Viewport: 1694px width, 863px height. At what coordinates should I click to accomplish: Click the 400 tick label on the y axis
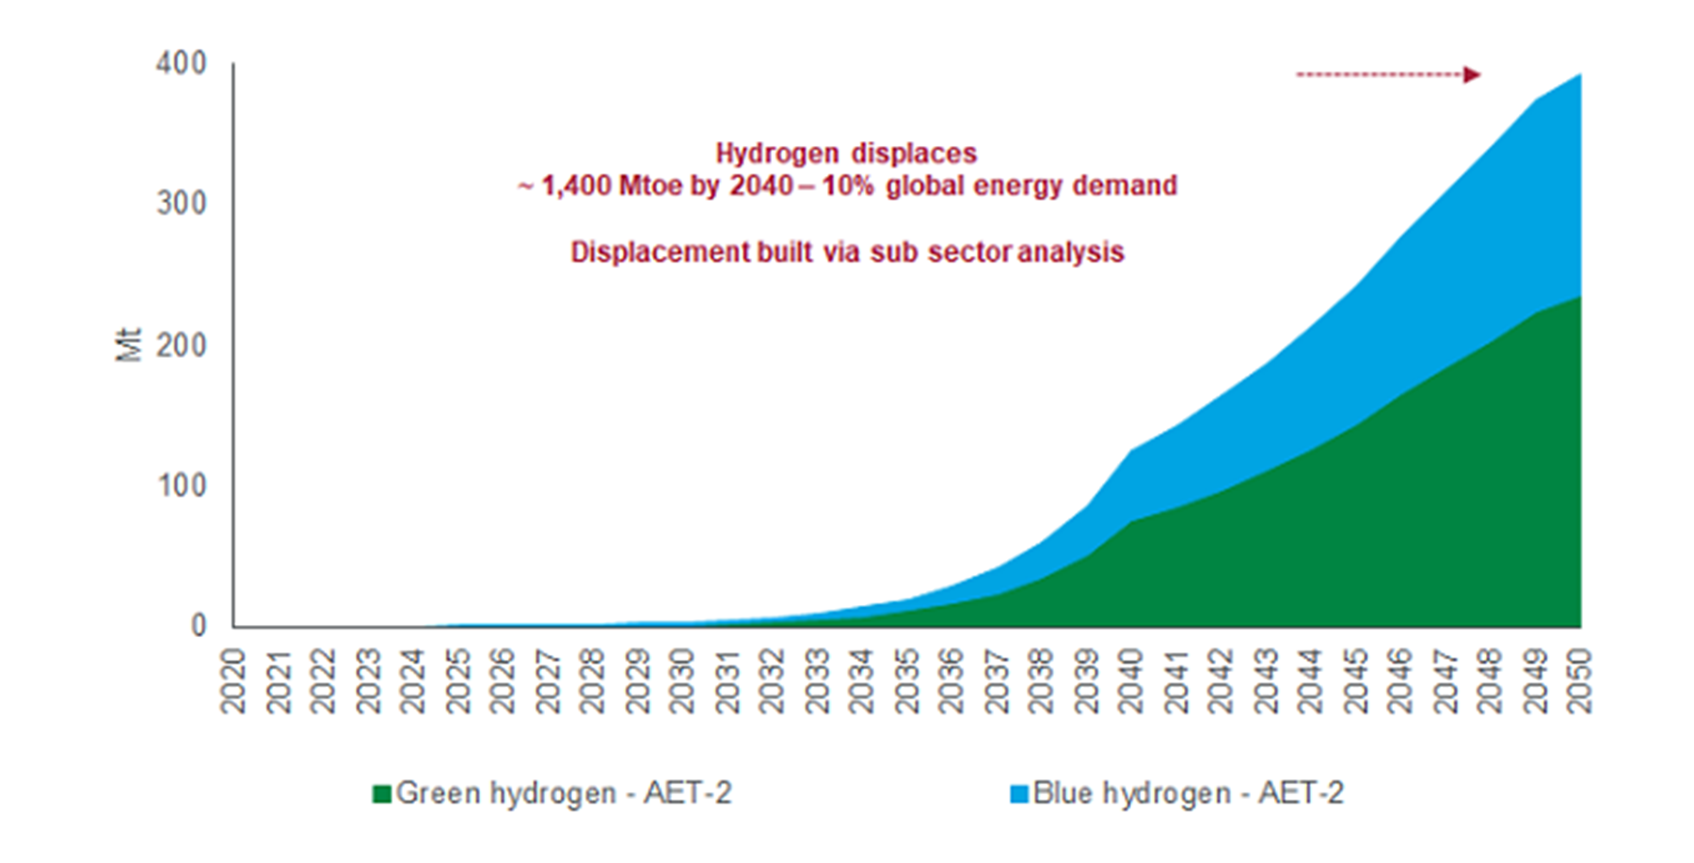(x=181, y=64)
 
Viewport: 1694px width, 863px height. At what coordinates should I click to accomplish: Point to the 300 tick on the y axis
(x=181, y=203)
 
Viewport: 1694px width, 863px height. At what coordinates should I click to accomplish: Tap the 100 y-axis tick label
(x=181, y=486)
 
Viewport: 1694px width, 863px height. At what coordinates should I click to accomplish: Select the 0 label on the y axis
(x=198, y=626)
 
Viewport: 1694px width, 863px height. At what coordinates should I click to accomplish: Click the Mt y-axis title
(x=128, y=344)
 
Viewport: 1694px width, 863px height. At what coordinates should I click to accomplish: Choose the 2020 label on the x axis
(x=232, y=680)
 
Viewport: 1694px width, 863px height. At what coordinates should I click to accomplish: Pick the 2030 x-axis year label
(x=681, y=680)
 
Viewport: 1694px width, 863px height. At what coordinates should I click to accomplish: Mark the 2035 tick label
(x=905, y=680)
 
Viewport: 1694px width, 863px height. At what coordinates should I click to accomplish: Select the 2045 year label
(x=1354, y=680)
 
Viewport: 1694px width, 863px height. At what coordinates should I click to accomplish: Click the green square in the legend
(x=381, y=794)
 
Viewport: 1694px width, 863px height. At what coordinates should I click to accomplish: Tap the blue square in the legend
(x=1018, y=794)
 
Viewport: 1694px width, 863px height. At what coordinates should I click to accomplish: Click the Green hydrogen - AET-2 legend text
(x=564, y=793)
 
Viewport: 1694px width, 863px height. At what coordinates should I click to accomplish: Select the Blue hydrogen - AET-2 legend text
(x=1189, y=793)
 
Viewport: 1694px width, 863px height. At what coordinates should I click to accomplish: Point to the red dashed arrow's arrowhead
(x=1472, y=74)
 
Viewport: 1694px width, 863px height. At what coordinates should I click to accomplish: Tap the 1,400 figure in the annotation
(x=576, y=185)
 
